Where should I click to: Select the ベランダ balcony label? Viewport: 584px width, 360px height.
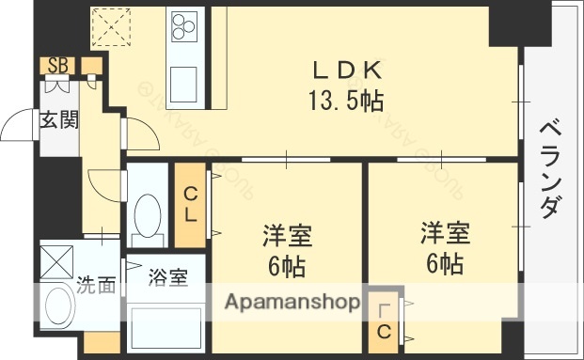pos(554,169)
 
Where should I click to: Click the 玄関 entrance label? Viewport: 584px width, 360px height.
pos(58,120)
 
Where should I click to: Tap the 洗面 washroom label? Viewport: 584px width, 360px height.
pos(96,284)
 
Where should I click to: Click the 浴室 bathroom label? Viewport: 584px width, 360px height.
pos(166,278)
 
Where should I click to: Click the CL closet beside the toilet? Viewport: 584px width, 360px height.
pos(190,204)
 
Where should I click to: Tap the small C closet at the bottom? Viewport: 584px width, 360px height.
pos(385,320)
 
